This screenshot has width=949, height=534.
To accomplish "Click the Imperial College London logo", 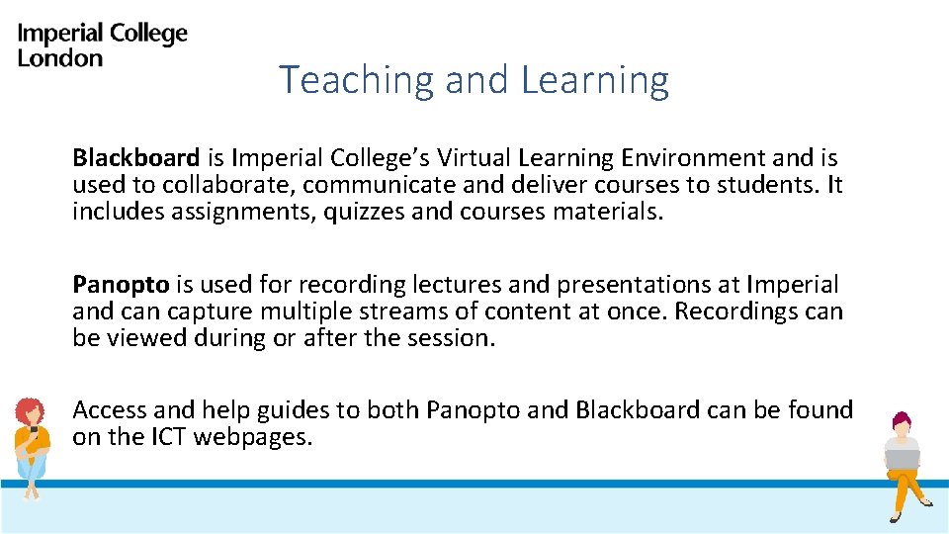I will (102, 45).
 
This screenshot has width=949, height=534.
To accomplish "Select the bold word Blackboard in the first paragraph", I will (135, 158).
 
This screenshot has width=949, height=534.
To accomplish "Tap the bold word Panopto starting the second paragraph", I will (122, 285).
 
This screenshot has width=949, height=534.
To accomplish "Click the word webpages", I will (252, 437).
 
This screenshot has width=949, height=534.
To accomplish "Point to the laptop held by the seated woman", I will (902, 459).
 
